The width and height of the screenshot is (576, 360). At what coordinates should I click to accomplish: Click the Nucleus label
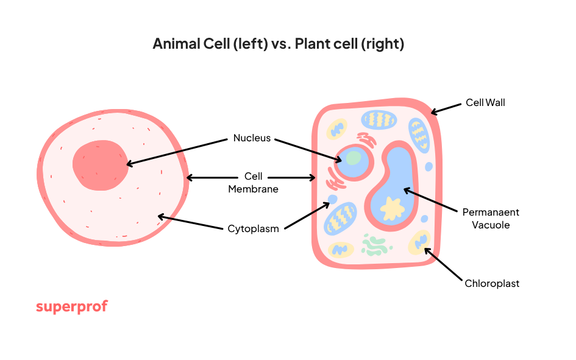[x=252, y=138]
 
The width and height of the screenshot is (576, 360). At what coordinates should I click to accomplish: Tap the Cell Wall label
[x=485, y=102]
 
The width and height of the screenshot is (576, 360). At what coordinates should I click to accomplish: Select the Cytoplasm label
[x=253, y=229]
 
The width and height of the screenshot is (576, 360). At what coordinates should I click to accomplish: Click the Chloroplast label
[x=492, y=283]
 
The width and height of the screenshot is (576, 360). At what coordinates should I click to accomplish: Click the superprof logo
[x=71, y=306]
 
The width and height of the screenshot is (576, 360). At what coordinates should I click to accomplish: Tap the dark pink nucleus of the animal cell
[x=101, y=163]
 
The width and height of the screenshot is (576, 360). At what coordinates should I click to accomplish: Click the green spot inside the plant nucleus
[x=354, y=158]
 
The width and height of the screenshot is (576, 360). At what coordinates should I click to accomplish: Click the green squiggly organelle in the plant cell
[x=374, y=244]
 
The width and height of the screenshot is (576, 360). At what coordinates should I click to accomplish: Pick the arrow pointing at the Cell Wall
[x=446, y=108]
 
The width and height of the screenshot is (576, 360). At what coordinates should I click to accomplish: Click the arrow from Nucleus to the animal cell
[x=177, y=151]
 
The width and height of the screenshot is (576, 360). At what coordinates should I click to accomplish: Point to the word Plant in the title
[x=313, y=44]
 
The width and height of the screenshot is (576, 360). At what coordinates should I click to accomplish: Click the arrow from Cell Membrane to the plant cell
[x=291, y=178]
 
